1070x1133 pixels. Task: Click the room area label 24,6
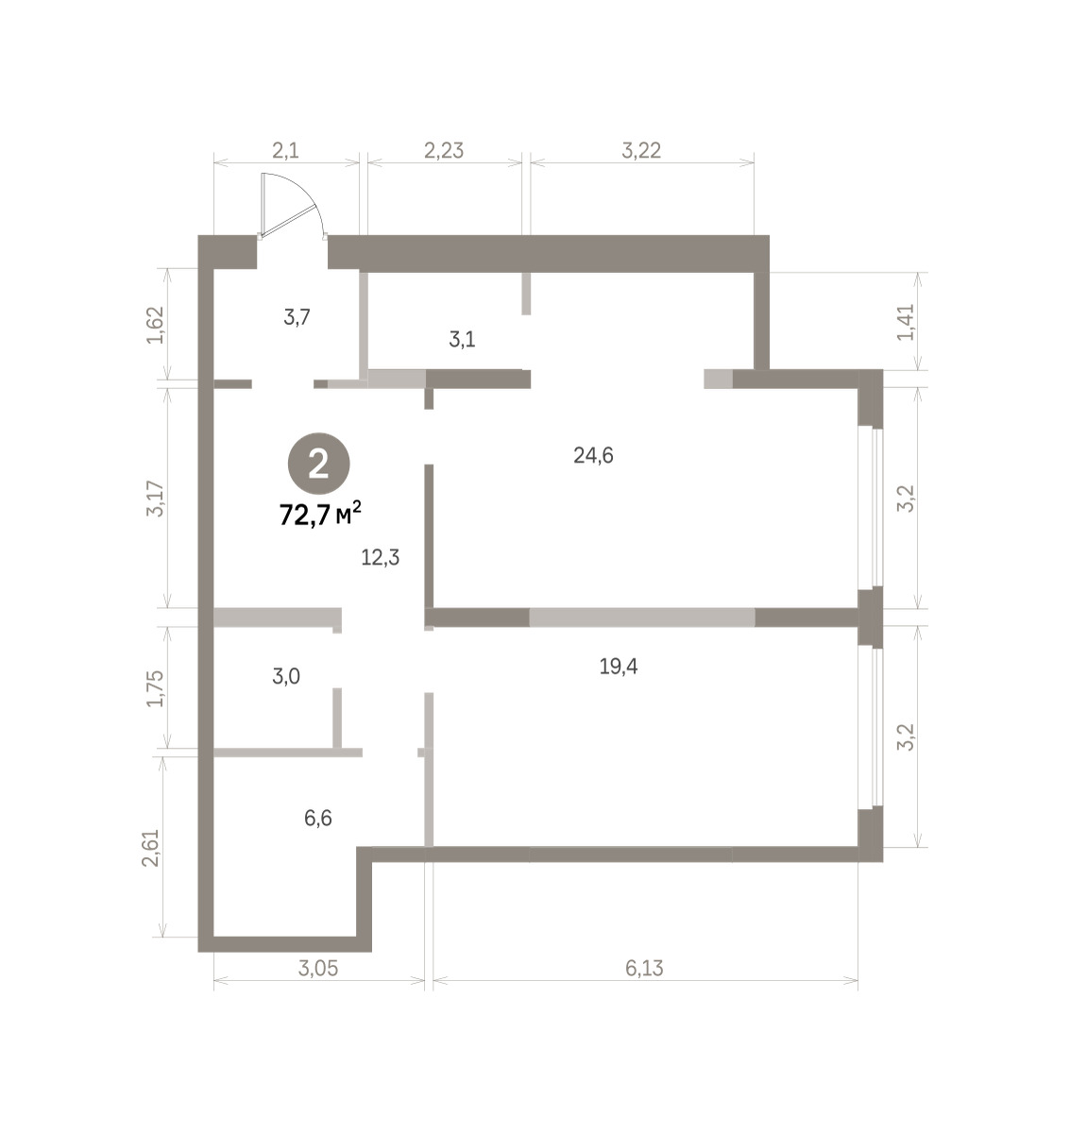[593, 456]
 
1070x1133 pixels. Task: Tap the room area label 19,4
[618, 666]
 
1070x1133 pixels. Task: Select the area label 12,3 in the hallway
[380, 557]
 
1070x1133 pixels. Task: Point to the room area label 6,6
[318, 818]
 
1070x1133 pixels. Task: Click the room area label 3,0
[286, 676]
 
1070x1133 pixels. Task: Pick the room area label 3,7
[297, 316]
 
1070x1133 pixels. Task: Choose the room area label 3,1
[462, 340]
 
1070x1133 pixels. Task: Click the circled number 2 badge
[318, 464]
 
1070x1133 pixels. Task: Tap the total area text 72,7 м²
[320, 514]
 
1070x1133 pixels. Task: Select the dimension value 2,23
[444, 151]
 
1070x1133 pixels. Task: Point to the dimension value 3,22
[641, 151]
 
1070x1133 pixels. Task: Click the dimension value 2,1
[285, 151]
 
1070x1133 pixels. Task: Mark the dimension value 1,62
[155, 325]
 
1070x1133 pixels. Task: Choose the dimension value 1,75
[155, 688]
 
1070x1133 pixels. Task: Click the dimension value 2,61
[151, 848]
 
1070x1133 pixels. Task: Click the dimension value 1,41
[906, 322]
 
